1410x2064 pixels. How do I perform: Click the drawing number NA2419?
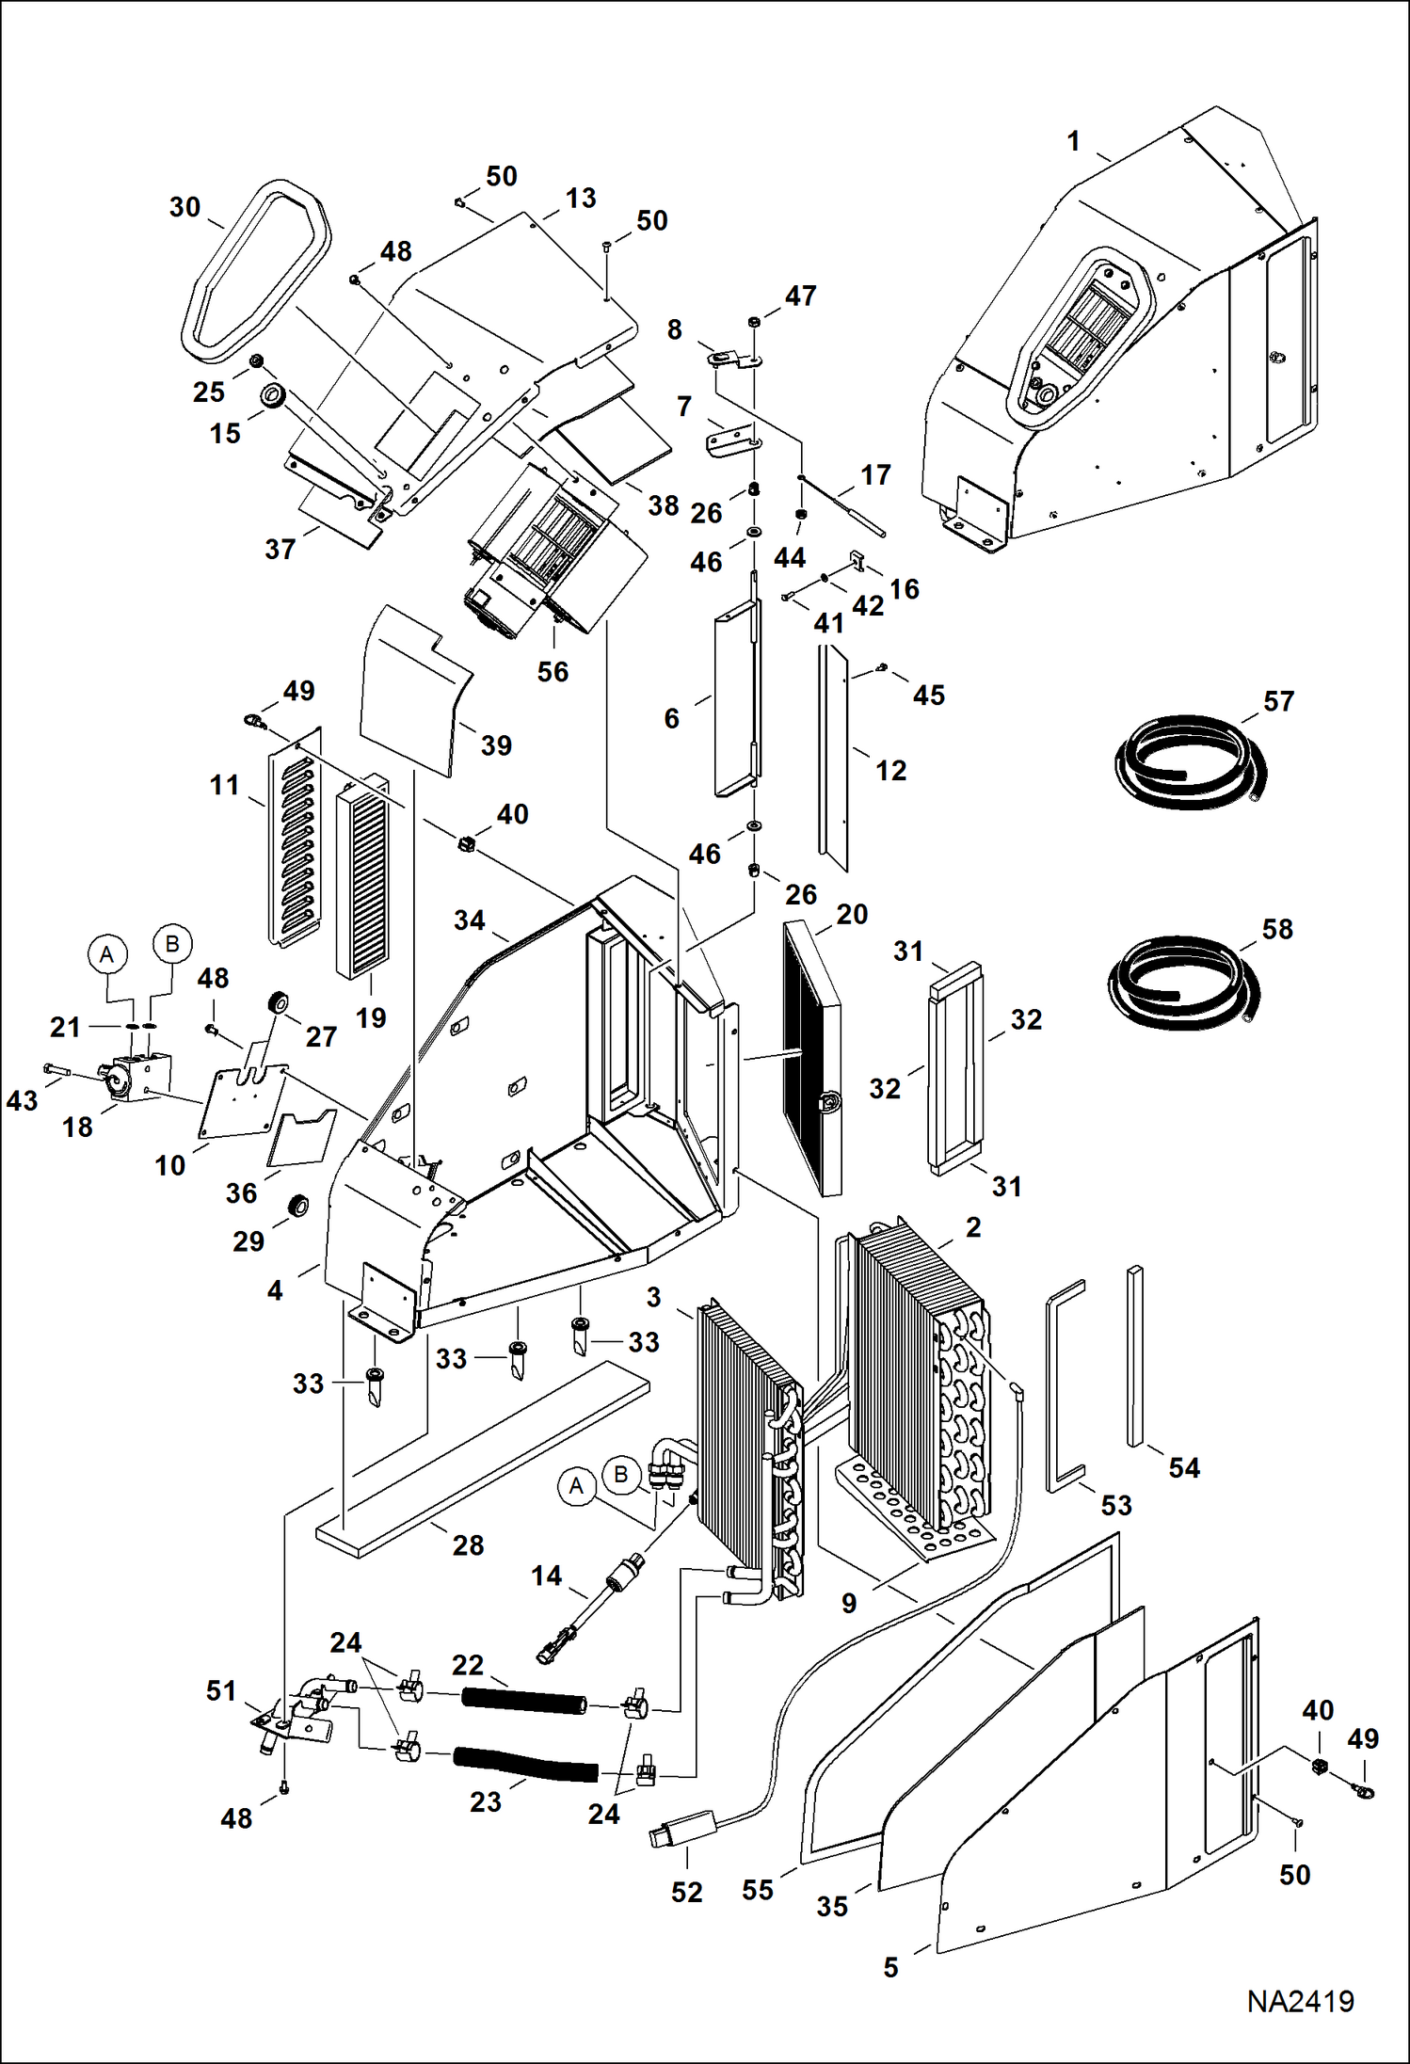[1300, 2001]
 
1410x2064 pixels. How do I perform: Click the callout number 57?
[1278, 701]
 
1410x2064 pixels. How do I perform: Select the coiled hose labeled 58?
[1182, 983]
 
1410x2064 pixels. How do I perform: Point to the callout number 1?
[1073, 141]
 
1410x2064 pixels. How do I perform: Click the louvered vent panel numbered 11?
[295, 838]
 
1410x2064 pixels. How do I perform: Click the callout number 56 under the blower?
[553, 672]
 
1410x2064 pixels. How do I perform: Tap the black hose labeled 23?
[524, 1763]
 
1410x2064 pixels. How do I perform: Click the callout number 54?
[1183, 1467]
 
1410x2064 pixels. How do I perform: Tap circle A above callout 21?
[107, 953]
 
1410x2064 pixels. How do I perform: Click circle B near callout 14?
[620, 1474]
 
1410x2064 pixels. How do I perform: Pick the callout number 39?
[496, 745]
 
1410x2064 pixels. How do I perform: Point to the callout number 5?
[890, 1967]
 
